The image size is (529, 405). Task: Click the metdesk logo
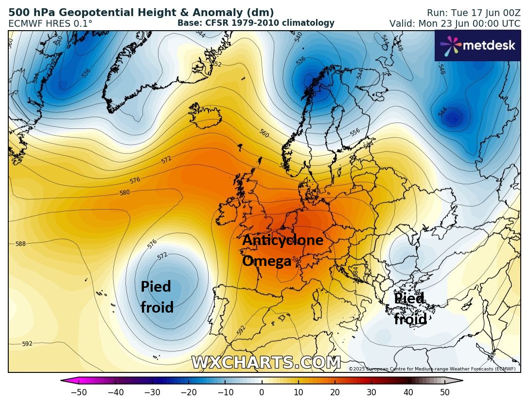tap(477, 45)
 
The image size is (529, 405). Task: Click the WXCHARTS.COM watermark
tap(265, 363)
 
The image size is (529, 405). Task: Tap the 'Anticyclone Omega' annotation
tap(282, 250)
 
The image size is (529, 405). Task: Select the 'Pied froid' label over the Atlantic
tap(157, 297)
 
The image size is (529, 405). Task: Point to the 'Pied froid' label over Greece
tap(410, 308)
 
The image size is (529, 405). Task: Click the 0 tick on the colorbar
tap(262, 392)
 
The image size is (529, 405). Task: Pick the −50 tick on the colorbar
tap(79, 392)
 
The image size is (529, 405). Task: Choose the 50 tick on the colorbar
tap(444, 392)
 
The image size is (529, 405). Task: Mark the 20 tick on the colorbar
tap(335, 392)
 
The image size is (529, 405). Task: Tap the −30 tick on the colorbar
tap(152, 392)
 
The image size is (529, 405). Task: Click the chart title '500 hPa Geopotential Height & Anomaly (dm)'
tap(141, 13)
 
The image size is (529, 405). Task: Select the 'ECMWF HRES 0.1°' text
tap(50, 23)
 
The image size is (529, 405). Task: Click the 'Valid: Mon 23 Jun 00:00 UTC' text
tap(455, 23)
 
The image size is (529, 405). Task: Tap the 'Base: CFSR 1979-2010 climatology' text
tap(256, 23)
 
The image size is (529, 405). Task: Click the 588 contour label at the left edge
tap(20, 244)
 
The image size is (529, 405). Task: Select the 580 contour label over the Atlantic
tap(124, 193)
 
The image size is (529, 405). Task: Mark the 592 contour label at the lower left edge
tap(27, 344)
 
